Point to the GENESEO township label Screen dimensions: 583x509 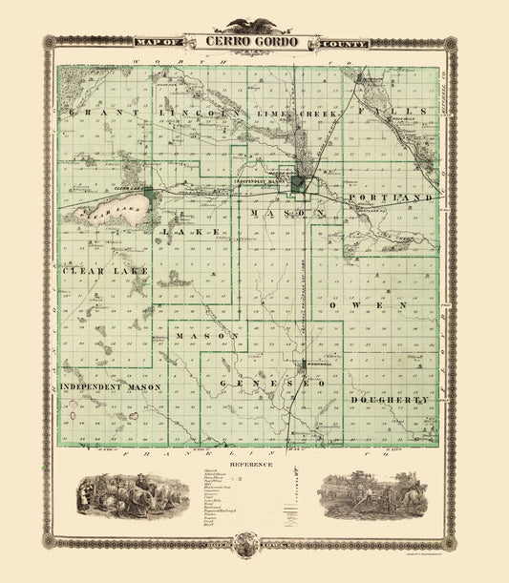coord(272,383)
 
